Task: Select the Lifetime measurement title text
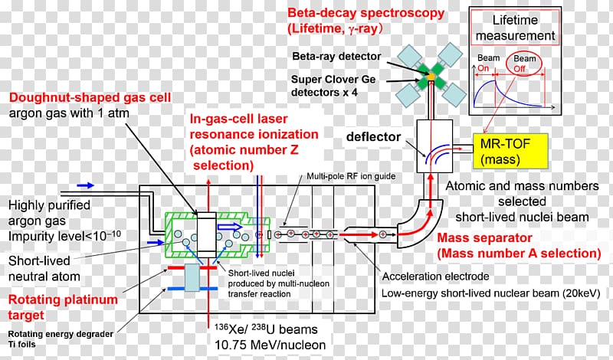click(x=524, y=28)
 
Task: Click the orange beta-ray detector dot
click(x=431, y=77)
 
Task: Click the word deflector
click(x=373, y=137)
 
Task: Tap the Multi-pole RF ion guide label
click(x=351, y=176)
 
